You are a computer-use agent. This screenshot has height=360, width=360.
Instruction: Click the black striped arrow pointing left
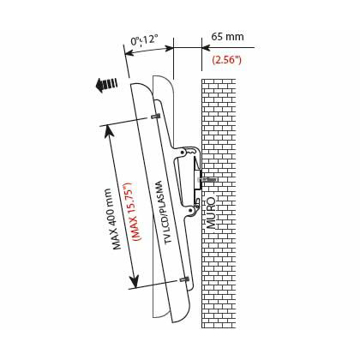[x=107, y=84]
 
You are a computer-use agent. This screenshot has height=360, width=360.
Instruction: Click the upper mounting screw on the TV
[x=155, y=117]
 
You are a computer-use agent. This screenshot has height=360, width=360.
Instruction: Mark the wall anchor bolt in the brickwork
[x=208, y=181]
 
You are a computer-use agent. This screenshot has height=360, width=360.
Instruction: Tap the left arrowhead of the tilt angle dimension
[x=128, y=54]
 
